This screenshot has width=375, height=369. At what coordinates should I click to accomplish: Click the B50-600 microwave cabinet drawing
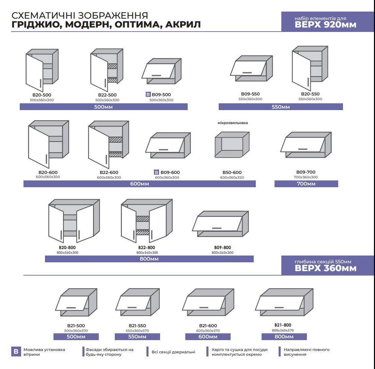tap(232, 144)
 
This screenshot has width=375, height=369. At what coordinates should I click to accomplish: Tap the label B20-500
tap(42, 95)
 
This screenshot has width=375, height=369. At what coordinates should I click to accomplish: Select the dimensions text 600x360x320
tap(232, 177)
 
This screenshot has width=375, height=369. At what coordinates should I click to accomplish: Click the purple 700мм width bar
tap(306, 184)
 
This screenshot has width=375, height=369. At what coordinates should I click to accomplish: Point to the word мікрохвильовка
tap(233, 123)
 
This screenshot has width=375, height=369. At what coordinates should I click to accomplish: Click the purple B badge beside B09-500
tap(148, 94)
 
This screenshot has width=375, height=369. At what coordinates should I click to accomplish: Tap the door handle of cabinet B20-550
tap(308, 82)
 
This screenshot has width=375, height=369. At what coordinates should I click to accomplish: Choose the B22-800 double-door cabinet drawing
tap(146, 221)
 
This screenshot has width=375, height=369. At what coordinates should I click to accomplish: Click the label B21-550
tap(137, 326)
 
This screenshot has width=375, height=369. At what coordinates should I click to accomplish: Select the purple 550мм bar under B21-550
tap(137, 337)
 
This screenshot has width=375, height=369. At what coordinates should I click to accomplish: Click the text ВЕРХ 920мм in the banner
tap(326, 25)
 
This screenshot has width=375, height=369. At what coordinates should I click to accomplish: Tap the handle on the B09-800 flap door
tap(217, 228)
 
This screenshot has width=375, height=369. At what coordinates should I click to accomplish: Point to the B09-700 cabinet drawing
tap(306, 145)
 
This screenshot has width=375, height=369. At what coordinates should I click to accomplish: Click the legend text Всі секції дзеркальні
tap(173, 352)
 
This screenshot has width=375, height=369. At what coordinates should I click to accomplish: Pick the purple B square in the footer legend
tap(16, 352)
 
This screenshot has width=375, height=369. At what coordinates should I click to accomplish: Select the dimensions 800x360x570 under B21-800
tap(283, 330)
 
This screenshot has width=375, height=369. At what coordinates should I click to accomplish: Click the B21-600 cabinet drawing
tap(208, 302)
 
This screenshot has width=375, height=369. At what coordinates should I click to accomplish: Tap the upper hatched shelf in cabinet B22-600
tap(116, 140)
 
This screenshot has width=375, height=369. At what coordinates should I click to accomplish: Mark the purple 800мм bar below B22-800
tap(149, 259)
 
